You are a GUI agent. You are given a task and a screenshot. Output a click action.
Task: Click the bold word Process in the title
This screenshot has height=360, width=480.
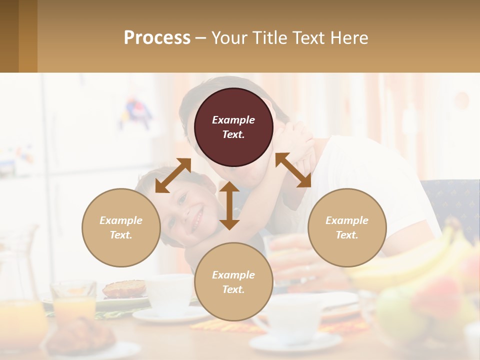click(157, 38)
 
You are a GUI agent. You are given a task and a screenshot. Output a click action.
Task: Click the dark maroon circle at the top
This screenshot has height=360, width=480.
click(233, 127)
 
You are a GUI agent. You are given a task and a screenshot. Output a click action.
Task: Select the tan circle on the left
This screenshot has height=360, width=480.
click(121, 227)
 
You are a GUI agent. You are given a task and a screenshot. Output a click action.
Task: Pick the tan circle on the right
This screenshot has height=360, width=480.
click(347, 227)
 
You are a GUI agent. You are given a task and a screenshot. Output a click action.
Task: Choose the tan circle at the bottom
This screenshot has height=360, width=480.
click(233, 282)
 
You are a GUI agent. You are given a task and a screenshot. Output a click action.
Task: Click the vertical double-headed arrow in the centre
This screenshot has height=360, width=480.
click(229, 205)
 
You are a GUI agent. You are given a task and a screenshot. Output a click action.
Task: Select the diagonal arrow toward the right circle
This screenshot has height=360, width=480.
click(293, 170)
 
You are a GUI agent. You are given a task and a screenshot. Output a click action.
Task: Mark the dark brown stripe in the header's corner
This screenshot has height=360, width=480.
click(9, 36)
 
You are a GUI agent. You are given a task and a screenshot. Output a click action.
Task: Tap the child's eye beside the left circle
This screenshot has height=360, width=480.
click(181, 200)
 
